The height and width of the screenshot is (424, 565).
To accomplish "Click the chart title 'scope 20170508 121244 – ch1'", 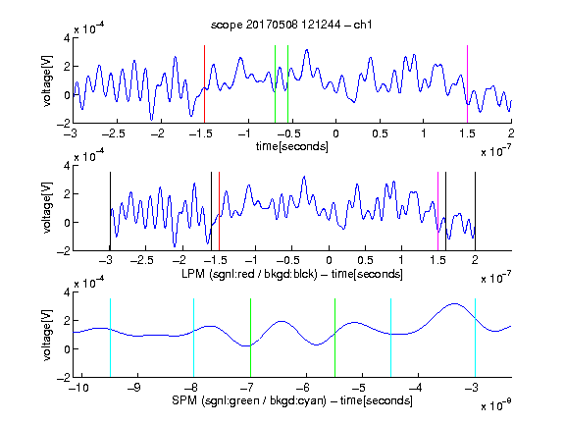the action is coord(291,25).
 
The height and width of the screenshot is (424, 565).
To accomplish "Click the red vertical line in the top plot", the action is coord(204,84).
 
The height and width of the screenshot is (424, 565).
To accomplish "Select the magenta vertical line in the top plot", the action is coord(467,84).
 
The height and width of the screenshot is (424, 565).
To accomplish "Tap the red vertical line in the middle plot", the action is coord(219,211).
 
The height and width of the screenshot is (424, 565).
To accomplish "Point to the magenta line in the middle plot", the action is coord(437,211).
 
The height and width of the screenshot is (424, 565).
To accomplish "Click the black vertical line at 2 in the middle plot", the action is coord(475,211).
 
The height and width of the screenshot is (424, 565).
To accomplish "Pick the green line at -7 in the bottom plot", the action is coord(250,338).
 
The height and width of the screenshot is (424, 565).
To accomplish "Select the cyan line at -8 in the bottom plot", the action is coord(194,338).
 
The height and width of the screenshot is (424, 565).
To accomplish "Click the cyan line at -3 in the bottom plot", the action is coord(475,338).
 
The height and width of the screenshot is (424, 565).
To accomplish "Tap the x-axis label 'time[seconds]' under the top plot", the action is coord(292,146).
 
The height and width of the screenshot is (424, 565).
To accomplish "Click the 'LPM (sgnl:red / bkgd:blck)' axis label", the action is coord(249,274).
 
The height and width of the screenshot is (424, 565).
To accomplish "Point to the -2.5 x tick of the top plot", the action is coord(113,133).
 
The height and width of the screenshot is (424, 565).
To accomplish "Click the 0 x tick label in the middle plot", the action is coord(329,260).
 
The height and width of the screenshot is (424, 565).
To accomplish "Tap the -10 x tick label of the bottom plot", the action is coord(78,388).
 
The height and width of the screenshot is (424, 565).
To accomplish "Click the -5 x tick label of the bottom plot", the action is coord(359,388).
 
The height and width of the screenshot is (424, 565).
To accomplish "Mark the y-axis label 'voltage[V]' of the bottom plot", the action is coord(47,335).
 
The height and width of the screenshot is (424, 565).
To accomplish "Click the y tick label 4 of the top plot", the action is coord(67,38).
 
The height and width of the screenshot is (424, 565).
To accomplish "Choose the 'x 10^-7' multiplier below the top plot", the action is coord(496,151).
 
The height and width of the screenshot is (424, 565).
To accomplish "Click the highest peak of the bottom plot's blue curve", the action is coord(455,304).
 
